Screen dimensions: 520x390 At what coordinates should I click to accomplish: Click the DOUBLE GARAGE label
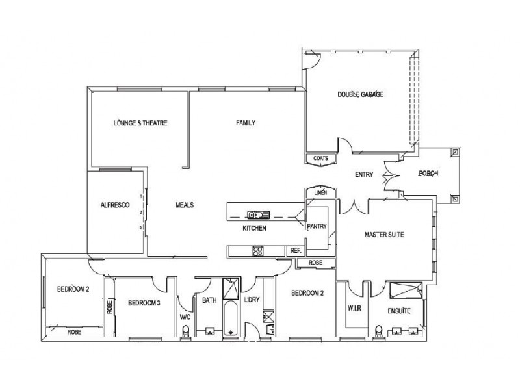(x=360, y=94)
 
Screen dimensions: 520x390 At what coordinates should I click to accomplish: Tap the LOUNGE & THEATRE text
(x=140, y=123)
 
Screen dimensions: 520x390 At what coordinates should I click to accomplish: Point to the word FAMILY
(x=246, y=123)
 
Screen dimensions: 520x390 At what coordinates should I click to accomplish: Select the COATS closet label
(x=320, y=159)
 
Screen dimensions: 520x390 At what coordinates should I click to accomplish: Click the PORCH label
(x=428, y=174)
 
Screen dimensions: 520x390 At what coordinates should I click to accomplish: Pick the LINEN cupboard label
(x=320, y=192)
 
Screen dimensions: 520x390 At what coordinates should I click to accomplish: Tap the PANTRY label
(x=317, y=226)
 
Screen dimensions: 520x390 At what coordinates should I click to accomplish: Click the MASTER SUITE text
(x=384, y=235)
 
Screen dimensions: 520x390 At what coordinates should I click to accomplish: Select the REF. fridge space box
(x=296, y=251)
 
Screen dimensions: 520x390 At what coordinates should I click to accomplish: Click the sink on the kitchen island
(x=258, y=215)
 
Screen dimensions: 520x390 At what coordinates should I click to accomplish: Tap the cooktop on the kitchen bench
(x=258, y=251)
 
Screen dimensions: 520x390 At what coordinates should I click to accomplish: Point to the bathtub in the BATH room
(x=231, y=318)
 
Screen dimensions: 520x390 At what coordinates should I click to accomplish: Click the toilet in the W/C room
(x=186, y=331)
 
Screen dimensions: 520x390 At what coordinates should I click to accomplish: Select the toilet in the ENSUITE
(x=378, y=331)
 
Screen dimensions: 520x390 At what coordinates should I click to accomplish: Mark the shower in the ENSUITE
(x=406, y=291)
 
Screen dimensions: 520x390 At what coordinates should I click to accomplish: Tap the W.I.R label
(x=354, y=308)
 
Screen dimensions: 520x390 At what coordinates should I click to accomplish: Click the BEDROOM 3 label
(x=144, y=303)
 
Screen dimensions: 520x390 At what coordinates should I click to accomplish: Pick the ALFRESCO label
(x=115, y=205)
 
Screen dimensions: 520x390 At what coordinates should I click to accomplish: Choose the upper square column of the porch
(x=456, y=152)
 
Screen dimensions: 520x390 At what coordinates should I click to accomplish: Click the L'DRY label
(x=252, y=300)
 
